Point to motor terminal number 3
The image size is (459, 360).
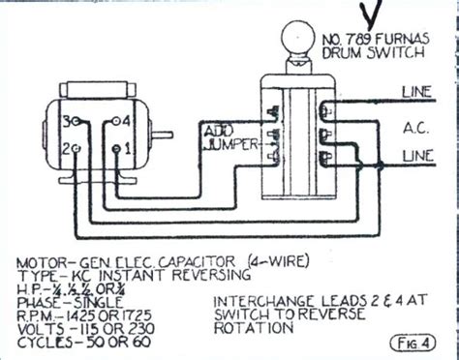tap(66, 122)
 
